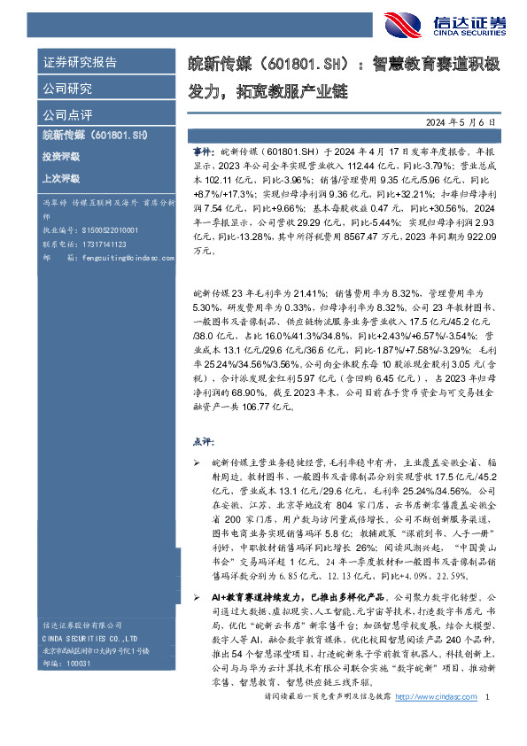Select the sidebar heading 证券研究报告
(x=81, y=63)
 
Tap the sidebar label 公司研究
(x=67, y=89)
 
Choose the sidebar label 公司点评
(x=67, y=114)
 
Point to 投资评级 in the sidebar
(x=60, y=157)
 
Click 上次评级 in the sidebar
(x=60, y=178)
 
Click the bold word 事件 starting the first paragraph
(x=203, y=152)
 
